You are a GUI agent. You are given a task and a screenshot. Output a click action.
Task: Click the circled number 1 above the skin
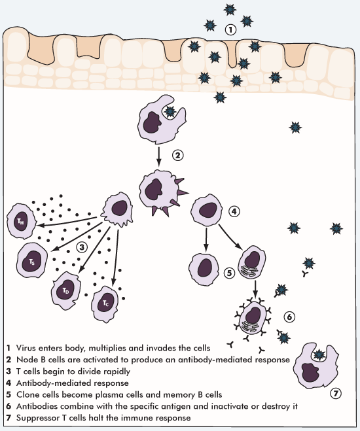point(230,29)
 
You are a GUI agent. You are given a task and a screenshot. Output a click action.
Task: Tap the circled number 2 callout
point(178,155)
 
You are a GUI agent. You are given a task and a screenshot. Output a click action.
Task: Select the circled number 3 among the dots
point(82,247)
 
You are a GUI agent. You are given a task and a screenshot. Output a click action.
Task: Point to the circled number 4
point(234,211)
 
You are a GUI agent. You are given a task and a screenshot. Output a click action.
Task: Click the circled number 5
point(230,273)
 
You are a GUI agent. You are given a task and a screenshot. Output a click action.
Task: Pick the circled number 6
point(289,317)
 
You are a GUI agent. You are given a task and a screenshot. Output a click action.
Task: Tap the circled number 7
point(336,394)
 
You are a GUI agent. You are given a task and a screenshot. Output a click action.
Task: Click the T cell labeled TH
point(21,222)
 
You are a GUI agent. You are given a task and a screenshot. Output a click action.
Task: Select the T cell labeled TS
point(32,260)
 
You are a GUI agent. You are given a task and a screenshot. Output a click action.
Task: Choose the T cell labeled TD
point(65,291)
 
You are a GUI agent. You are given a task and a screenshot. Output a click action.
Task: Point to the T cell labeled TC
point(105,303)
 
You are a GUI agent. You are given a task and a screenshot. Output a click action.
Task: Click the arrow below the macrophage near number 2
point(158,157)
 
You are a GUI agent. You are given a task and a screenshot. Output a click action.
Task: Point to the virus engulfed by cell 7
point(319,355)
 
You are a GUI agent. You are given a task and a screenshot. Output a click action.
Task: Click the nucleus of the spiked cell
point(153,189)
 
